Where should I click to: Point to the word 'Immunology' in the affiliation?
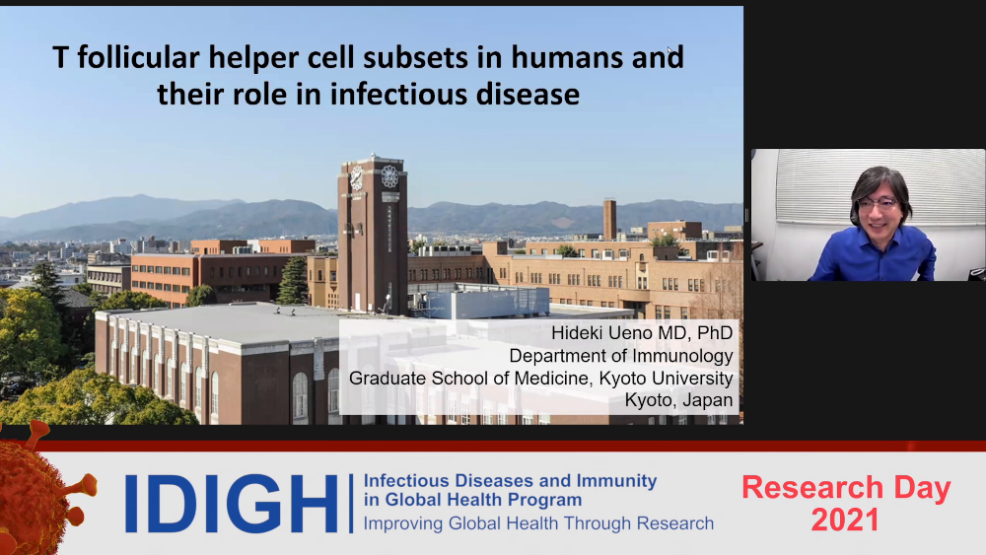[682, 357]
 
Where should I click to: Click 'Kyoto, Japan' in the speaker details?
[678, 400]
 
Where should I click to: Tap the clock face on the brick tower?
[389, 176]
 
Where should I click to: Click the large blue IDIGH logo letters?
[232, 504]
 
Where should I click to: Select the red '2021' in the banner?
[845, 520]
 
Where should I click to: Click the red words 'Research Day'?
[846, 488]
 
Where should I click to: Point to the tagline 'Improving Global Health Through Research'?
[538, 523]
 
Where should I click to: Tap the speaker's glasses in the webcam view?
[879, 205]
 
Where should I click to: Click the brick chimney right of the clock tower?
[609, 220]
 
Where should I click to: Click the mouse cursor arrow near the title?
[670, 51]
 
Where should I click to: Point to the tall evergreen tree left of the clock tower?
[293, 281]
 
